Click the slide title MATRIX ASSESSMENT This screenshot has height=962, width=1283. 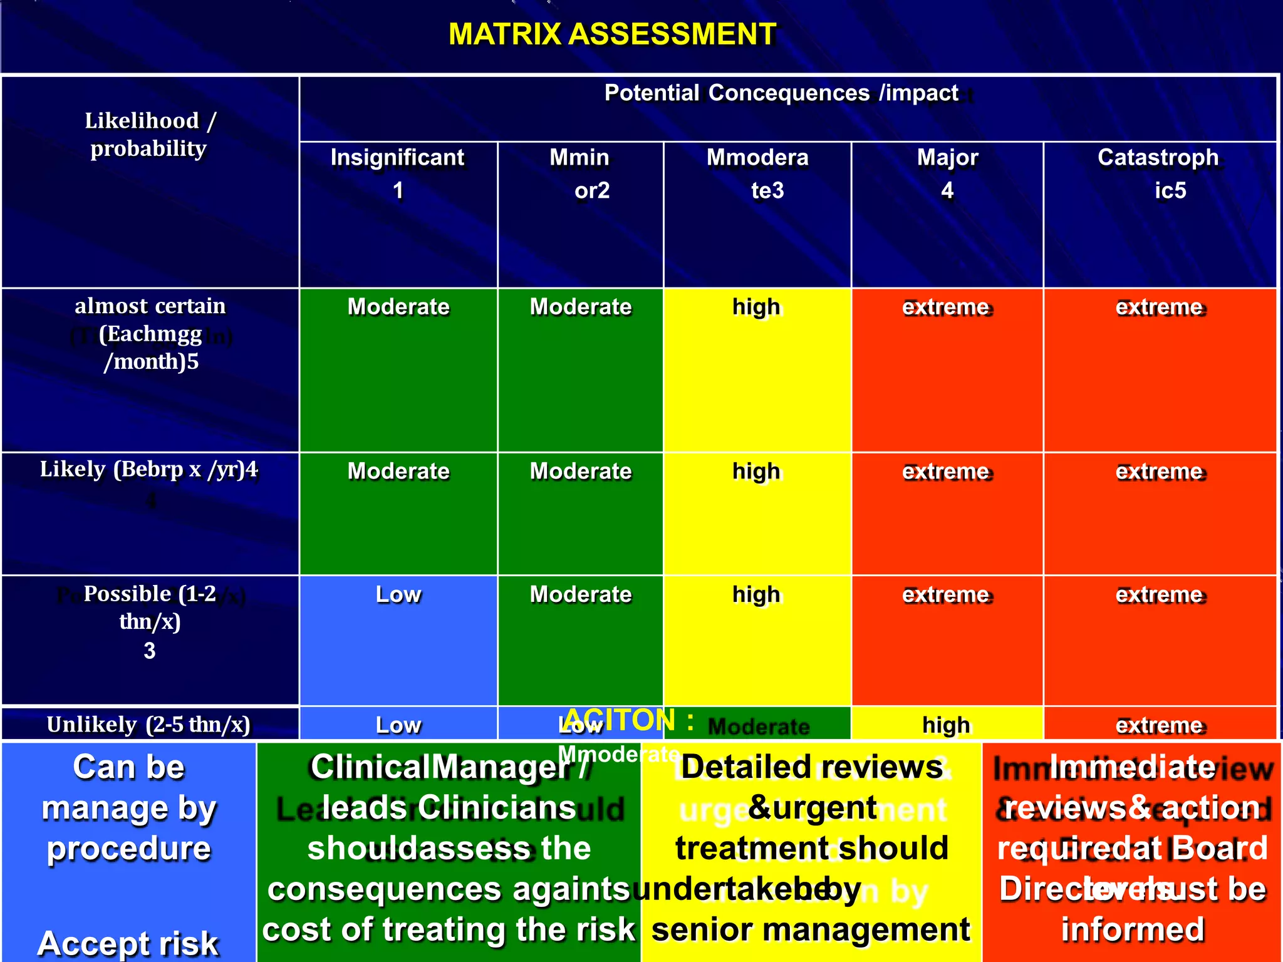(x=612, y=34)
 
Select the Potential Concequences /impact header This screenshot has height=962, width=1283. (x=781, y=93)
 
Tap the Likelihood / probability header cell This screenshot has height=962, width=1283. (x=150, y=135)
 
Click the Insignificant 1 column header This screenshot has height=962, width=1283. (x=398, y=173)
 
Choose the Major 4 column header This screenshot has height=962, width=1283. (x=947, y=173)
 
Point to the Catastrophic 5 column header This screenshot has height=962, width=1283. (x=1159, y=173)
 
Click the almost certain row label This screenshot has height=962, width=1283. (x=150, y=334)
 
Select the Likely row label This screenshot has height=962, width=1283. (x=149, y=470)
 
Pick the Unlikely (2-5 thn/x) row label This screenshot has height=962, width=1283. (x=149, y=725)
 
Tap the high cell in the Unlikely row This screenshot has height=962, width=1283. (x=946, y=725)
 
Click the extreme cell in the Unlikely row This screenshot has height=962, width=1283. (x=1160, y=725)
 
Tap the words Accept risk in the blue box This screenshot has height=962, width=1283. (x=128, y=943)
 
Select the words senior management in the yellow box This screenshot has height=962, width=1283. (x=811, y=930)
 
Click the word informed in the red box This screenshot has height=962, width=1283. (x=1133, y=930)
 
